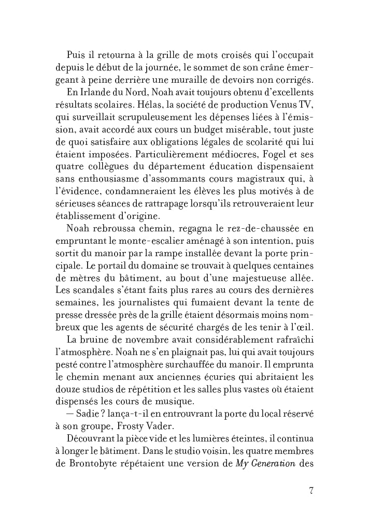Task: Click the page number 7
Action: [310, 491]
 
